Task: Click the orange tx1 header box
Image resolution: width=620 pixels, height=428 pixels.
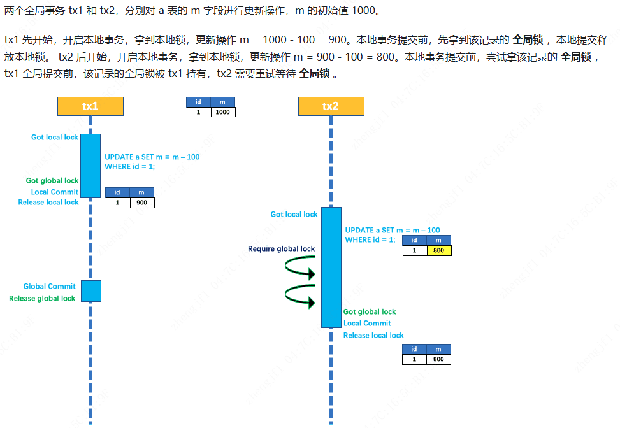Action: click(90, 106)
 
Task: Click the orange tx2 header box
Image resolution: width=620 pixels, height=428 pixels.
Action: click(331, 106)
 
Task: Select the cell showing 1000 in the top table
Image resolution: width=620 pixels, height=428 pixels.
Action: click(222, 112)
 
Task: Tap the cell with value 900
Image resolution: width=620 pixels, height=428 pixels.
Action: click(141, 203)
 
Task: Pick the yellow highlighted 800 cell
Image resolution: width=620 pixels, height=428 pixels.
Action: click(438, 250)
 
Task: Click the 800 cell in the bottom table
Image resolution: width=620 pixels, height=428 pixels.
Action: click(438, 359)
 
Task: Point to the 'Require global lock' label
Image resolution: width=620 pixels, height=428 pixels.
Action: click(281, 249)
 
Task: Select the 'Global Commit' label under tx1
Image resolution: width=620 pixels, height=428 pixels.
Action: click(49, 287)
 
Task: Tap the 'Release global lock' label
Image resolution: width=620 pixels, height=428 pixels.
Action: click(42, 299)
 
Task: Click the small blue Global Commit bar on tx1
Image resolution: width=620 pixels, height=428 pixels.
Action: click(90, 291)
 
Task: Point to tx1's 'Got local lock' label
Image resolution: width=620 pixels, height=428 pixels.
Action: click(55, 138)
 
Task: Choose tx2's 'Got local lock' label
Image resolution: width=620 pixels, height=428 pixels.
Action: click(294, 215)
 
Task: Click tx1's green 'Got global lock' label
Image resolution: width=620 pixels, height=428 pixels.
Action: click(52, 181)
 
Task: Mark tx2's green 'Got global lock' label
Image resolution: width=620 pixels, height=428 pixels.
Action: click(370, 312)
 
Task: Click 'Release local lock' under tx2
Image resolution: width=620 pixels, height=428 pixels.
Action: click(373, 336)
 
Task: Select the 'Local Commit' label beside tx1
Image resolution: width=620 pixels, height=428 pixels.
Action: click(55, 192)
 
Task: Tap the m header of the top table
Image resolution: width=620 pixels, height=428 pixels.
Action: click(222, 102)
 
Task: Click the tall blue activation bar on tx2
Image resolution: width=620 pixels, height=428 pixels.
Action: click(331, 267)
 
